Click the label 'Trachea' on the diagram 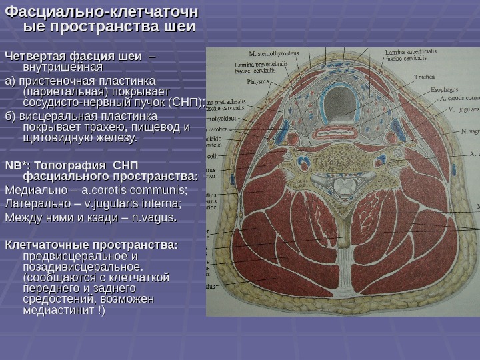pyautogui.click(x=424, y=77)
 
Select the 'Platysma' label pyautogui.click(x=257, y=82)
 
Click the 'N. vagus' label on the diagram pyautogui.click(x=469, y=131)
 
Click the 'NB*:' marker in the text pyautogui.click(x=17, y=165)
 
